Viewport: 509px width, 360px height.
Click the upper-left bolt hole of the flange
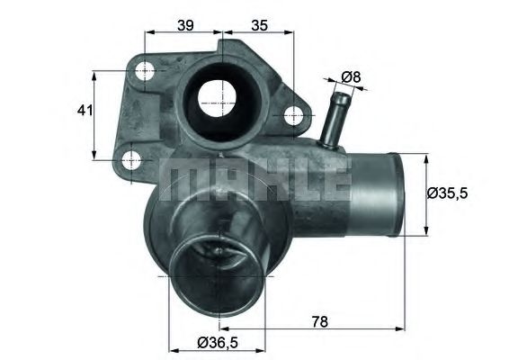pyautogui.click(x=145, y=70)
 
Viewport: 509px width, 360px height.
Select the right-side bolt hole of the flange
pyautogui.click(x=292, y=116)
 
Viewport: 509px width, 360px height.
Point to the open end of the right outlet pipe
pyautogui.click(x=396, y=191)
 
